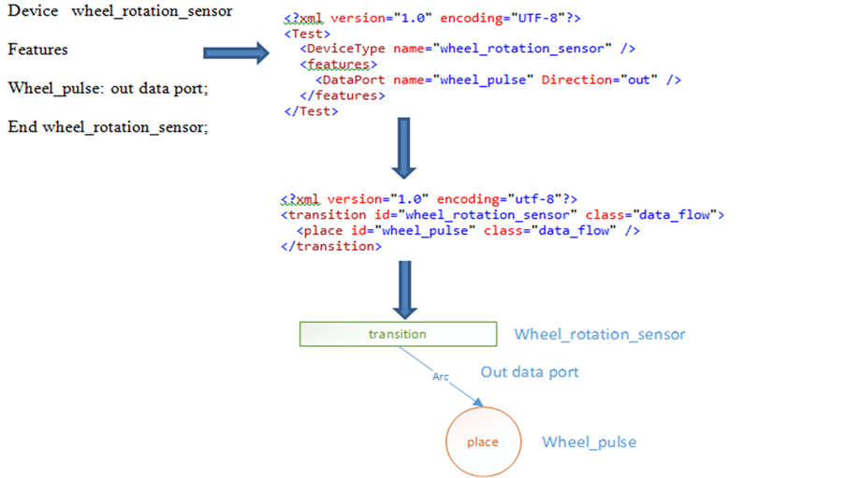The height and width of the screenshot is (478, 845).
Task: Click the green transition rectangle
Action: pos(398,334)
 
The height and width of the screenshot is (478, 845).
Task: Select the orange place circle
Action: pos(483,442)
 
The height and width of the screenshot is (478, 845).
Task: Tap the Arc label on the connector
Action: pos(441,376)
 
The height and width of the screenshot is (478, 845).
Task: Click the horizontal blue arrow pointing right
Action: pos(236,55)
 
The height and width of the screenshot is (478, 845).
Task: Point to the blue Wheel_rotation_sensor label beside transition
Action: pos(600,334)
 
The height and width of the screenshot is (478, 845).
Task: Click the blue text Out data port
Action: pos(530,372)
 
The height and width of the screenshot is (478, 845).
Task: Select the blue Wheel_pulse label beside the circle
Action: pos(590,442)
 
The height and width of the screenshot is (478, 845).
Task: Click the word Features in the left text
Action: pos(38,50)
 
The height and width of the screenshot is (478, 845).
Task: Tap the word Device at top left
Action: pos(30,11)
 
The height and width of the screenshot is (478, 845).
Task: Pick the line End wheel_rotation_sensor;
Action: pos(108,127)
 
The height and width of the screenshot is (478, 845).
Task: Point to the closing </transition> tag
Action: pos(330,246)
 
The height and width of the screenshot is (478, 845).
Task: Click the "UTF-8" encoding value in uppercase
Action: pos(519,19)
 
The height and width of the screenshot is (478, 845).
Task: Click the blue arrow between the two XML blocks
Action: pos(403,148)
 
